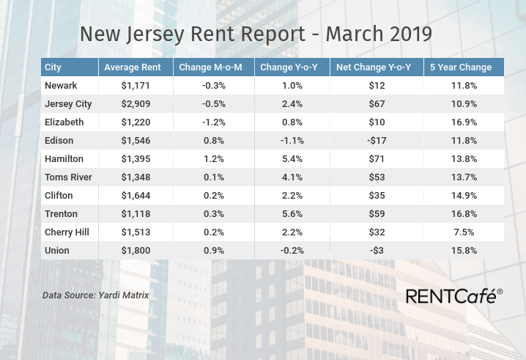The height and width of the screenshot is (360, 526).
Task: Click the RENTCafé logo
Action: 454,296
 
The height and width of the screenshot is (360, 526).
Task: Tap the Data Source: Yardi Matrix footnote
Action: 96,295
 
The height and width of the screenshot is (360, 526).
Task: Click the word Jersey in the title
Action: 155,34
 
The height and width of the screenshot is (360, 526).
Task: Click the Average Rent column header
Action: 133,67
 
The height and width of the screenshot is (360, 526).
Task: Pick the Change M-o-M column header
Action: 210,67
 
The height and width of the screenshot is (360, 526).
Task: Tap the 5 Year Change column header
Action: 461,67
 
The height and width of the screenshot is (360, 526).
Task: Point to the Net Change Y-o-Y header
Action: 374,67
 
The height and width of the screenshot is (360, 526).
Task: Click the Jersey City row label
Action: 68,104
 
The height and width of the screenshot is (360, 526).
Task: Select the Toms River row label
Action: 68,177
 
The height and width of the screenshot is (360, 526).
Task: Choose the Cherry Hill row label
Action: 67,232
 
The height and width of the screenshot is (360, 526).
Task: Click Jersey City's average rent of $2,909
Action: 136,104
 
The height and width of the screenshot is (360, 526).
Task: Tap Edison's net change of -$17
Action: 377,140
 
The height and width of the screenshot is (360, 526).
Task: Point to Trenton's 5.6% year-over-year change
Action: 292,213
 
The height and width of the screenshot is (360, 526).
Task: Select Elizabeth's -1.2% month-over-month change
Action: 214,122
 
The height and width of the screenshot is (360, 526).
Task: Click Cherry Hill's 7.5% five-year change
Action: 464,232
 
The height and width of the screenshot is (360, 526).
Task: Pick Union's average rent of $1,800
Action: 136,251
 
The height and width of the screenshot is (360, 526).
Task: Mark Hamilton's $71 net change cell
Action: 377,158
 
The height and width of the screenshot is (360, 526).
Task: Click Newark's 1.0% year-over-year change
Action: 292,85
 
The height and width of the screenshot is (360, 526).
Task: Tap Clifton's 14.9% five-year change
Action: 464,196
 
